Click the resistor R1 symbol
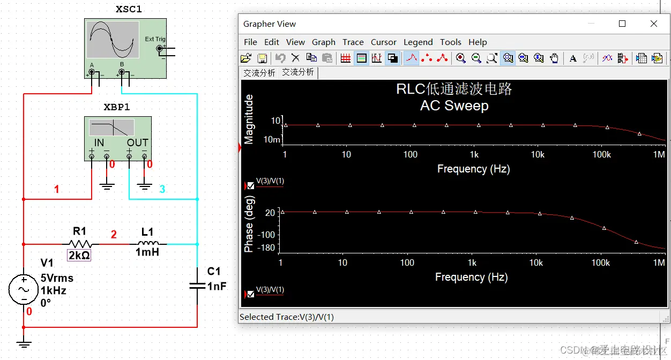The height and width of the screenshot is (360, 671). [79, 244]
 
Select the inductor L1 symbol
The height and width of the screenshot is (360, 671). [147, 244]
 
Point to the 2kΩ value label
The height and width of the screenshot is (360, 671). [79, 256]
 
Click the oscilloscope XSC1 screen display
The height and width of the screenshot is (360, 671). [113, 40]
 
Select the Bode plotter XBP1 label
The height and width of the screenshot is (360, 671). [117, 107]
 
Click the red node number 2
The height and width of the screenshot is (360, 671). [114, 234]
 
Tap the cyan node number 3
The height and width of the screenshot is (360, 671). [162, 189]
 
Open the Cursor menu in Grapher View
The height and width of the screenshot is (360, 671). [383, 42]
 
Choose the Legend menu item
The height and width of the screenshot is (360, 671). [418, 42]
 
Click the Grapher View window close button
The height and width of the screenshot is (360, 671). [653, 24]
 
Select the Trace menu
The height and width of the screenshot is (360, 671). [353, 42]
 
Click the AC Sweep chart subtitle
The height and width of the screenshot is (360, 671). [454, 106]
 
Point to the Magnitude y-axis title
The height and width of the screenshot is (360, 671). [249, 119]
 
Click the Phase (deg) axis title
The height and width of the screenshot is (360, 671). [249, 224]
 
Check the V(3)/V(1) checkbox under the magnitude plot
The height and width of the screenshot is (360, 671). [251, 185]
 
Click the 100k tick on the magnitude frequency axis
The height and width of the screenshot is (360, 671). [601, 154]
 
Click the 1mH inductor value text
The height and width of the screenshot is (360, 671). [147, 252]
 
